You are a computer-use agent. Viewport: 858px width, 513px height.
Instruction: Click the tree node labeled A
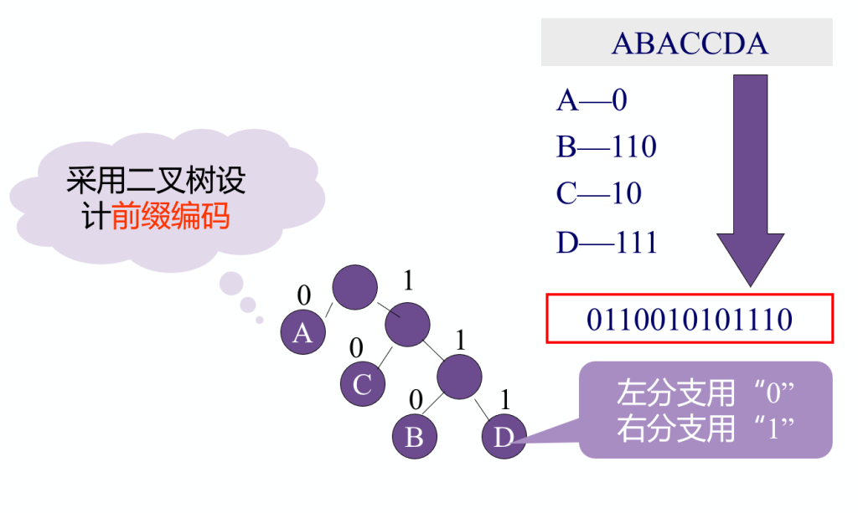point(302,331)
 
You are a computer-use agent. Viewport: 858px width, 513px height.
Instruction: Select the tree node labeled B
point(414,436)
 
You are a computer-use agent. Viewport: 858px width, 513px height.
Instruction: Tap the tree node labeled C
point(362,383)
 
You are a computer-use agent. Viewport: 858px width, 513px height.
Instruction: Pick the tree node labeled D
point(504,436)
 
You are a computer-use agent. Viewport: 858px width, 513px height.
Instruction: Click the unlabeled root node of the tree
point(354,287)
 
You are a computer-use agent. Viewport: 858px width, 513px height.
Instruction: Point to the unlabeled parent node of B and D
point(459,377)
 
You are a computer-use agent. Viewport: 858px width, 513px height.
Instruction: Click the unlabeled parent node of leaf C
point(407,325)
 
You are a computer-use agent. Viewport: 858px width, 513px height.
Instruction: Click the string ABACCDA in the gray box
point(690,44)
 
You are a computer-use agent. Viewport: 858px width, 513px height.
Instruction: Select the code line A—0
point(592,100)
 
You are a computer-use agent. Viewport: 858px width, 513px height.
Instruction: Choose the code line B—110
point(607,146)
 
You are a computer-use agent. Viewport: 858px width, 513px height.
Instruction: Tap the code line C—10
point(598,192)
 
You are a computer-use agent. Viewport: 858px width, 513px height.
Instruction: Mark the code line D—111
point(607,242)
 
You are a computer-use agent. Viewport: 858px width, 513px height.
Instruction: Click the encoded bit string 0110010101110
point(690,320)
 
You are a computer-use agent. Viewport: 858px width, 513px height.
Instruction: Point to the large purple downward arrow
point(750,180)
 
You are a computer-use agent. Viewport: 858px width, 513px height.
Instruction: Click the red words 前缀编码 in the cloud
point(170,216)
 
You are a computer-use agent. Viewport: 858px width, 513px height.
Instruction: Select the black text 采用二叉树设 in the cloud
point(156,180)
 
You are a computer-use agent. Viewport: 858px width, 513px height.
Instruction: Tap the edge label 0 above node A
point(304,295)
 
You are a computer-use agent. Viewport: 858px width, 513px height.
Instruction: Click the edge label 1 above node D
point(505,400)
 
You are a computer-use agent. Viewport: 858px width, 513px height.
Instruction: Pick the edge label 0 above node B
point(416,400)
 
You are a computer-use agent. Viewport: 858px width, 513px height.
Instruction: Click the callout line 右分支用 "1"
point(706,428)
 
